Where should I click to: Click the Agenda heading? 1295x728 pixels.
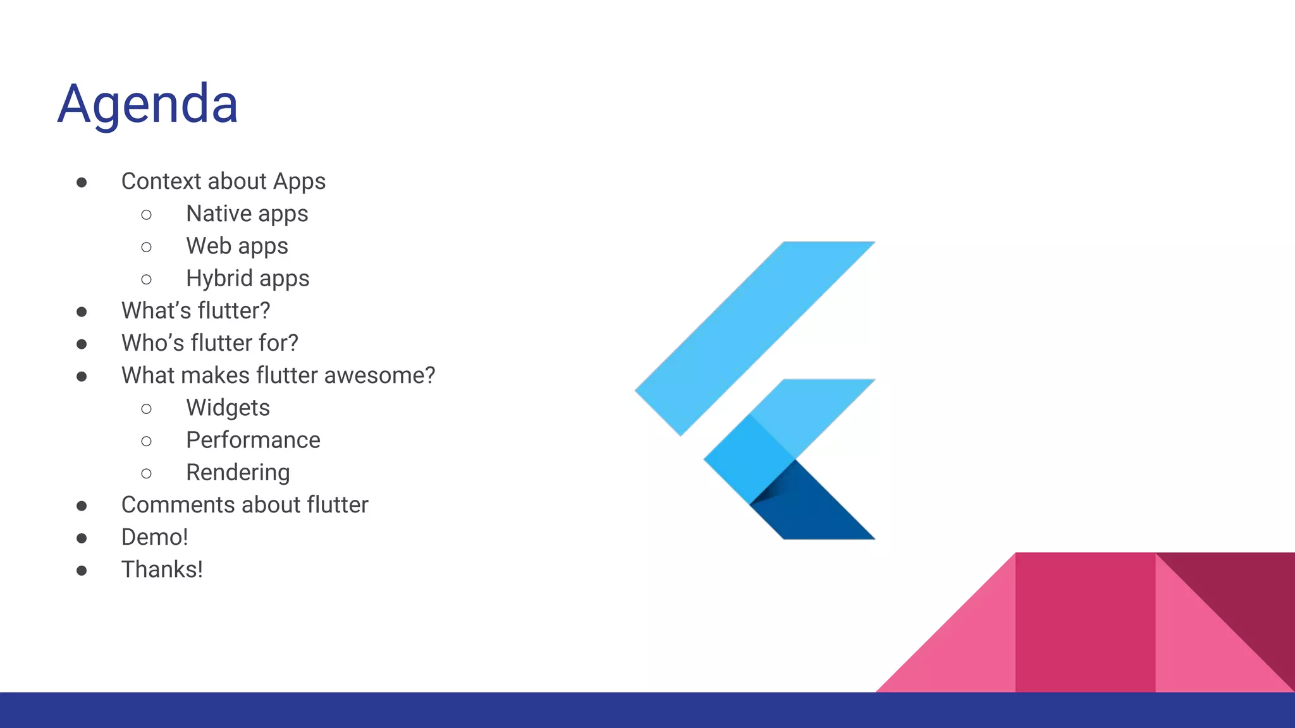point(147,104)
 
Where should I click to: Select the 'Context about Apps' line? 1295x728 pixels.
point(223,181)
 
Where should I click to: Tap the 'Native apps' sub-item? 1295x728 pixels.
point(247,214)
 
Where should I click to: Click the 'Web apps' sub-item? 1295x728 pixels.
point(236,246)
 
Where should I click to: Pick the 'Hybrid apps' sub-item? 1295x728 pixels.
point(247,278)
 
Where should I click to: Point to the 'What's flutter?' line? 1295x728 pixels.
point(195,310)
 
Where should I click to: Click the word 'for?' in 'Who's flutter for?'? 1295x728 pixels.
point(278,343)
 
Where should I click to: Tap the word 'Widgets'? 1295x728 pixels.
point(228,408)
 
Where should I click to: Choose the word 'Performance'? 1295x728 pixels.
point(253,440)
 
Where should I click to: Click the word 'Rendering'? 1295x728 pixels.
point(238,473)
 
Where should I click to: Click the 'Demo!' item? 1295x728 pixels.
point(154,537)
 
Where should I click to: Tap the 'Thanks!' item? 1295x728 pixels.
point(162,569)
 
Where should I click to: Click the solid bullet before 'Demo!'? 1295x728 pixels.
point(82,538)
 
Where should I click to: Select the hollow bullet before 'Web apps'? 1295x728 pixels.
point(146,247)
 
